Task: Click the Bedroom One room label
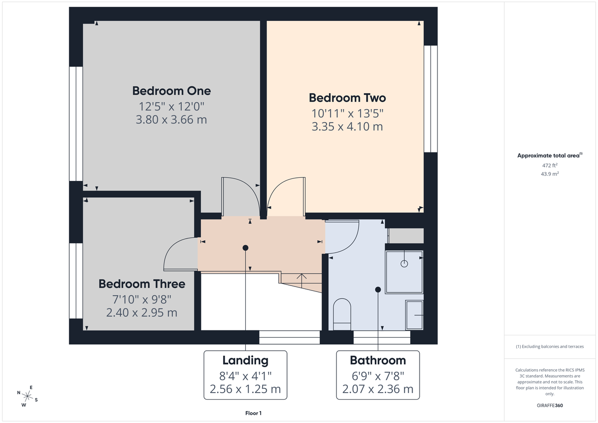(x=171, y=91)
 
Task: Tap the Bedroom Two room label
(x=347, y=98)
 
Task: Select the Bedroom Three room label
(x=142, y=284)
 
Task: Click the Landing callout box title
(x=245, y=360)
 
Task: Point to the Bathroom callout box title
(x=378, y=360)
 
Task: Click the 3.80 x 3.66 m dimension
(x=171, y=120)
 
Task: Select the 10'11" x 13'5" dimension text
(x=347, y=113)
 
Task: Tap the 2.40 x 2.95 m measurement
(x=142, y=313)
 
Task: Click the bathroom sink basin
(x=415, y=315)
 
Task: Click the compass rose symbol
(x=28, y=396)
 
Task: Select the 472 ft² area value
(x=550, y=165)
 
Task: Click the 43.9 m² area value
(x=550, y=173)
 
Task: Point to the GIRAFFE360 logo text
(x=550, y=406)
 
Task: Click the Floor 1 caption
(x=253, y=413)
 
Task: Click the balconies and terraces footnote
(x=550, y=346)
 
